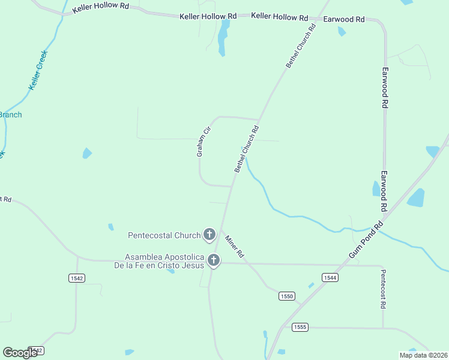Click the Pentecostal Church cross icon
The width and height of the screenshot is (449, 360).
pyautogui.click(x=209, y=235)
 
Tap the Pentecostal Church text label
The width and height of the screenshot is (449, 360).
pyautogui.click(x=164, y=235)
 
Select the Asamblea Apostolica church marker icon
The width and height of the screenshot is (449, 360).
pyautogui.click(x=213, y=260)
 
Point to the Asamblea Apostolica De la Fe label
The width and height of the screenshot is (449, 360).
pyautogui.click(x=159, y=261)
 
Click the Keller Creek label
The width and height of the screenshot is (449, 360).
pyautogui.click(x=38, y=70)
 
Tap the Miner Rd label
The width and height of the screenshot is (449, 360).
pyautogui.click(x=234, y=246)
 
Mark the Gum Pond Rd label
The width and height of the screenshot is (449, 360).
pyautogui.click(x=366, y=241)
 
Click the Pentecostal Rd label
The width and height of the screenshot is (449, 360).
pyautogui.click(x=383, y=289)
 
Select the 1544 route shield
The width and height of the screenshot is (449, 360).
pyautogui.click(x=330, y=277)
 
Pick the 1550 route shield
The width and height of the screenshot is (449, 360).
pyautogui.click(x=288, y=296)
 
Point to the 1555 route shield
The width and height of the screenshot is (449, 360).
pyautogui.click(x=300, y=327)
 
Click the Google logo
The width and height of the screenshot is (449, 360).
pyautogui.click(x=20, y=353)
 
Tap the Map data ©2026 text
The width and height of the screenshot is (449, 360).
pyautogui.click(x=423, y=355)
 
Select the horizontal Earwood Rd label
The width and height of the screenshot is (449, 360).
pyautogui.click(x=344, y=19)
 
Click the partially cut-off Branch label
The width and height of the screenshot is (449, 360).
pyautogui.click(x=10, y=115)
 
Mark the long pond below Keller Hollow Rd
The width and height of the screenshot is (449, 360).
pyautogui.click(x=223, y=37)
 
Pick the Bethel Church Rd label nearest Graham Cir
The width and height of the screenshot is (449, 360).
pyautogui.click(x=247, y=149)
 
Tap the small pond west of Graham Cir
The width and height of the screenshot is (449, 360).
pyautogui.click(x=87, y=153)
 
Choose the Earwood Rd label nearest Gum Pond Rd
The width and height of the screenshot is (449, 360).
pyautogui.click(x=382, y=191)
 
